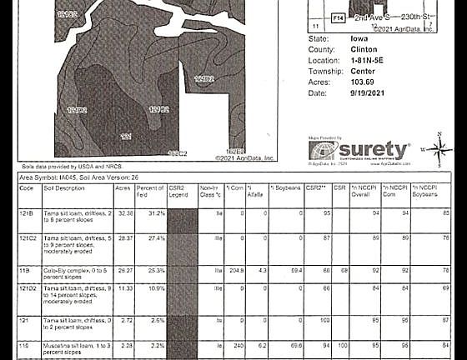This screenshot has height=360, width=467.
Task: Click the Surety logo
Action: click(359, 151)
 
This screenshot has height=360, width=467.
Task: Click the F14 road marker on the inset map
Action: click(338, 17)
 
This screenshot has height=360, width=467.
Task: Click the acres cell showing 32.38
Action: click(125, 213)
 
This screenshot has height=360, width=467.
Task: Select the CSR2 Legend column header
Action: click(178, 192)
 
